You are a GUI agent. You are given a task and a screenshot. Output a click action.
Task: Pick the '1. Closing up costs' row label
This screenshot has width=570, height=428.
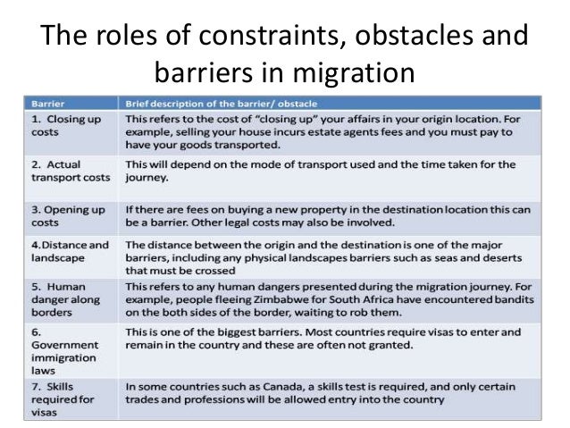pyautogui.click(x=63, y=124)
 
